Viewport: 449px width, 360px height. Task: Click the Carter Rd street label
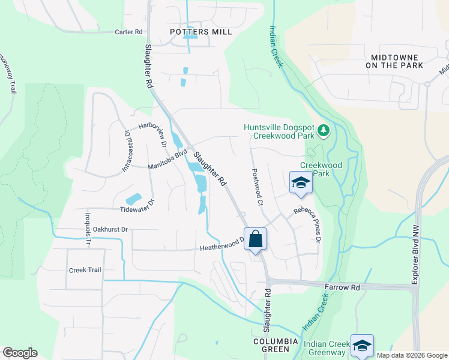129,31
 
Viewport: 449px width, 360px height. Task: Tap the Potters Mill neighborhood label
200,32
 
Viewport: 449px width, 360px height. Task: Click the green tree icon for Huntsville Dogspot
324,130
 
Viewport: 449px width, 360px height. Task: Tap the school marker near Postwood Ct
301,183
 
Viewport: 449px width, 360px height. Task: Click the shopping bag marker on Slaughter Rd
255,238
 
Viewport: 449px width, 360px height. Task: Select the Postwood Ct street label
257,187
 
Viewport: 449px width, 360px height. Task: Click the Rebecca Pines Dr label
309,225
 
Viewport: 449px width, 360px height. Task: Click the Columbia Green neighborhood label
276,344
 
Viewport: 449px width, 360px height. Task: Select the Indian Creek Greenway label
328,347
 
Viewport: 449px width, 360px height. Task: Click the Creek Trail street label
85,270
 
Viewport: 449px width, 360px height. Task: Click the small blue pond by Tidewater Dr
133,199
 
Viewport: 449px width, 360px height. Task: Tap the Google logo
20,353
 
